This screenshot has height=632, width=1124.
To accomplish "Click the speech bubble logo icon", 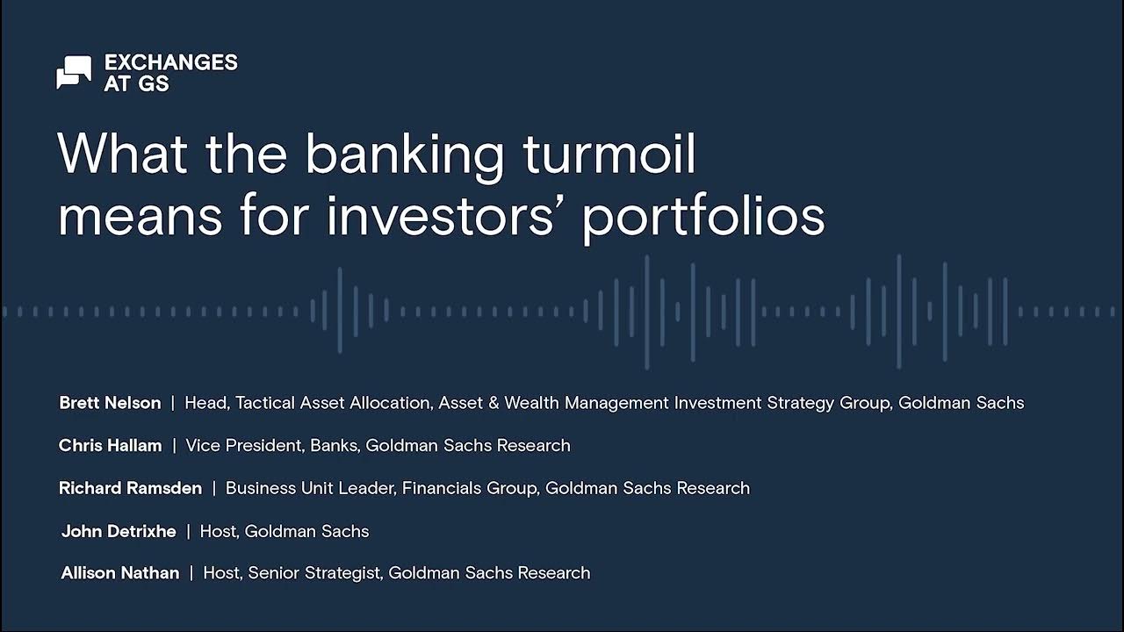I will pos(74,72).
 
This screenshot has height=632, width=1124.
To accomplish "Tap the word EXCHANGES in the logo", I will pos(170,62).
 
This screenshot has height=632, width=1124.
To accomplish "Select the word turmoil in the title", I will pos(609,154).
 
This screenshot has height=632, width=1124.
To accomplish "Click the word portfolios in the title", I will pos(703,218).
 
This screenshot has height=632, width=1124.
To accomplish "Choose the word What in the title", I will pos(123,154).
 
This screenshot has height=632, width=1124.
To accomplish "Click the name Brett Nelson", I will pos(110,403).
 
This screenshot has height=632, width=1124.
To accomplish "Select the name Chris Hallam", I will pos(110,445).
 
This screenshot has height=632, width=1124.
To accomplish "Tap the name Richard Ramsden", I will pos(130,488).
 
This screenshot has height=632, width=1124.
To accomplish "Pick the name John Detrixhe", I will pos(119,531).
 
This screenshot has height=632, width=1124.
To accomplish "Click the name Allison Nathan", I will pos(120,573).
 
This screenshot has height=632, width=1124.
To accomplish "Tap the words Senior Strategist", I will pos(314,573).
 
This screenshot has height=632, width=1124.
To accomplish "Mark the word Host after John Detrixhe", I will pos(218,531).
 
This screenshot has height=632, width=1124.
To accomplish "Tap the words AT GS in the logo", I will pos(136,84).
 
